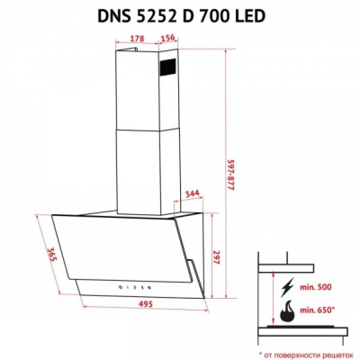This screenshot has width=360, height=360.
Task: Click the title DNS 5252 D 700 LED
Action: (179, 15)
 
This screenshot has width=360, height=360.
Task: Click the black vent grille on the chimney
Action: (170, 64)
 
